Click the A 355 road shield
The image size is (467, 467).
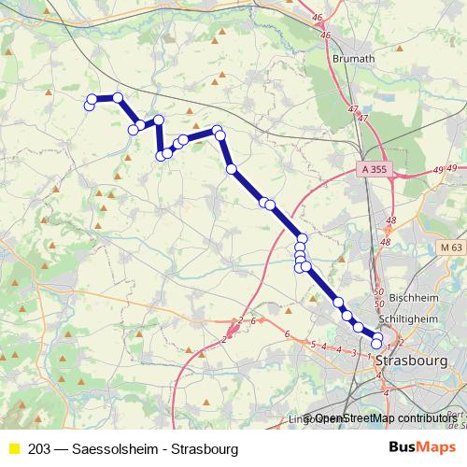point(372,170)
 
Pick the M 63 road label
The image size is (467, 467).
point(449,248)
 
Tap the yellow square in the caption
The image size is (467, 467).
point(13,449)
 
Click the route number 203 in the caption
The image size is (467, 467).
point(39,449)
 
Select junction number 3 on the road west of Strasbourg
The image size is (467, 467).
point(354,353)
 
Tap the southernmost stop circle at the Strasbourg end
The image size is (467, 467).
point(376,346)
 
